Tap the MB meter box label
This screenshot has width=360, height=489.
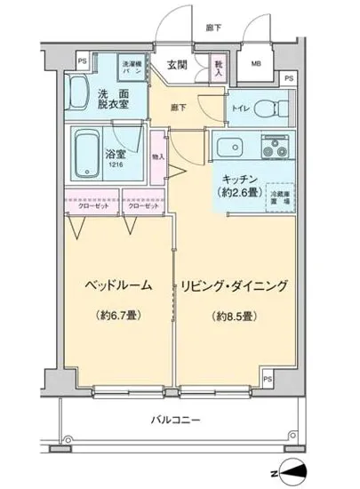(256, 63)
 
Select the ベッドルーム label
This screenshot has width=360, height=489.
(116, 285)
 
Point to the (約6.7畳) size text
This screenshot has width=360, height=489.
(117, 316)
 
